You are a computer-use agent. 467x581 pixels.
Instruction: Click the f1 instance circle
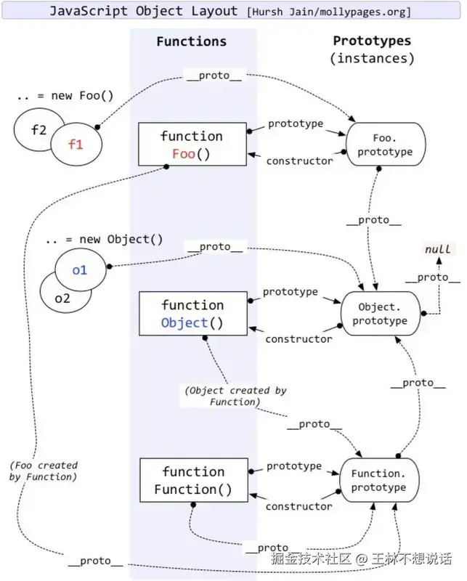[76, 144]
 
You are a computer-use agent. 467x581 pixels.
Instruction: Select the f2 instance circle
[33, 129]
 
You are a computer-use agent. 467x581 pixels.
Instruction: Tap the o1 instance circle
[81, 269]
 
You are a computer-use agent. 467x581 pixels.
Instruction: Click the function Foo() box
[192, 144]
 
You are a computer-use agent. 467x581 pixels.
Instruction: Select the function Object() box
[193, 314]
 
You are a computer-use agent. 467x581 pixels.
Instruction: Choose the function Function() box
[194, 480]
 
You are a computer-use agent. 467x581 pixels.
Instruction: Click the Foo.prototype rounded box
[386, 144]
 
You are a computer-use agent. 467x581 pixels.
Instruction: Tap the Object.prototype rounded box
[381, 314]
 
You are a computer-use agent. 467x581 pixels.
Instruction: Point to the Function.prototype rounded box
[380, 480]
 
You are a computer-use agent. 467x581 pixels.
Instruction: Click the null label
[438, 249]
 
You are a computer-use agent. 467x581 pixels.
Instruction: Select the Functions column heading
[191, 41]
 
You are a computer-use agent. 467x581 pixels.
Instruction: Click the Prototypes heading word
[372, 41]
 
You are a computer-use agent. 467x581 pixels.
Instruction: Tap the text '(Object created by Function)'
[236, 396]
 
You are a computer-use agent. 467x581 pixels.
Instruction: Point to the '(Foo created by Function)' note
[44, 471]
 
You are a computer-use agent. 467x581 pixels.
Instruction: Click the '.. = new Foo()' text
[65, 96]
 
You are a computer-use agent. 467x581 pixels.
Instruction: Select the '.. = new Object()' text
[104, 240]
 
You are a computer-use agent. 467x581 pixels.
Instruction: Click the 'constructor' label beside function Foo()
[299, 161]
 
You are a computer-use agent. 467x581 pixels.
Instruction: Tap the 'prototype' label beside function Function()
[294, 466]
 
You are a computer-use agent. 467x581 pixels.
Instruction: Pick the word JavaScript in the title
[88, 11]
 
